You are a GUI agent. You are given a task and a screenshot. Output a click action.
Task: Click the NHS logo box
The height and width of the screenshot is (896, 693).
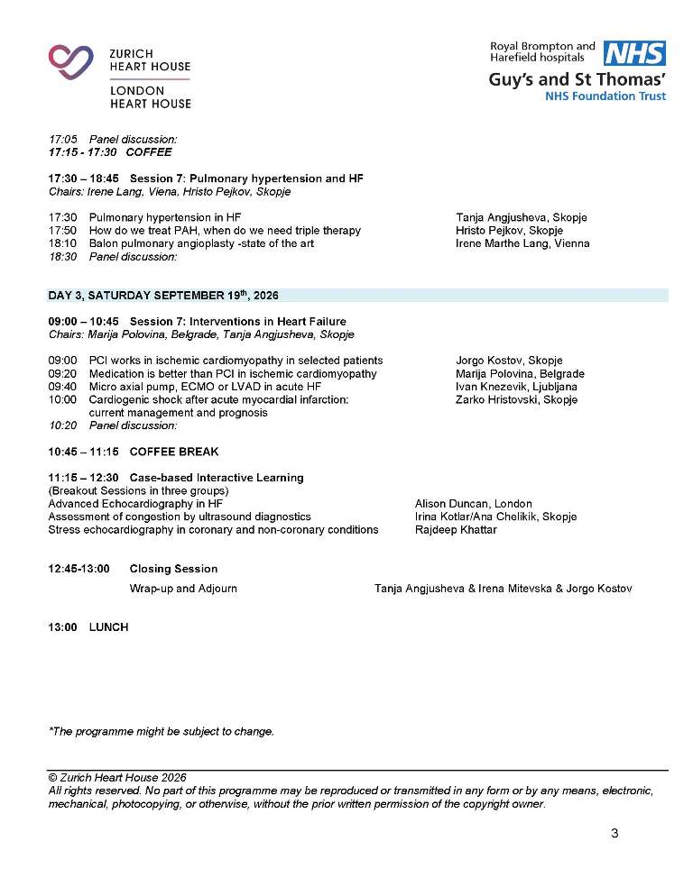(634, 53)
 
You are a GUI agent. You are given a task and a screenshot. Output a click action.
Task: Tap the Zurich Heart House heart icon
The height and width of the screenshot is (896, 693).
(71, 61)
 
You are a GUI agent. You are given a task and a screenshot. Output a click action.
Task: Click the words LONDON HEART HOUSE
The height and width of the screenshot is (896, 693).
(150, 97)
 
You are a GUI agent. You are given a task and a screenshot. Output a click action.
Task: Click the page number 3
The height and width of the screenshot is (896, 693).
(614, 833)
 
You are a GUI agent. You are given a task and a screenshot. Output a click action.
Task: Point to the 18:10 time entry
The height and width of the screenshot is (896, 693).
(62, 243)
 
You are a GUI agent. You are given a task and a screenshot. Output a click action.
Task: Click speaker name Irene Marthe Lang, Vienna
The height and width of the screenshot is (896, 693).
(522, 243)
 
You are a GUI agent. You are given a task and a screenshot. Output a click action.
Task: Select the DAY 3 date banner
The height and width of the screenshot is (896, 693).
(163, 295)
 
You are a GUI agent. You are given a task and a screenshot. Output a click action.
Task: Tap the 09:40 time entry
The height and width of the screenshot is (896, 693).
(62, 387)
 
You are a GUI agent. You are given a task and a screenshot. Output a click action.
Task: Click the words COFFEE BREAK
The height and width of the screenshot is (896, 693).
(174, 452)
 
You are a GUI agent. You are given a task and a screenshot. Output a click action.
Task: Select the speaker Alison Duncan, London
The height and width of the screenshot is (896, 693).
(473, 504)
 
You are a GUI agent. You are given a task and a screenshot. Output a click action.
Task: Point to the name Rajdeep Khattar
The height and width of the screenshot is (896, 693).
(456, 529)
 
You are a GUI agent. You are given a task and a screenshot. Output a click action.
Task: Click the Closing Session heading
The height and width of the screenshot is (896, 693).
(173, 569)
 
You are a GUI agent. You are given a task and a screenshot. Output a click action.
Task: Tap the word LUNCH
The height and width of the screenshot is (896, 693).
(108, 626)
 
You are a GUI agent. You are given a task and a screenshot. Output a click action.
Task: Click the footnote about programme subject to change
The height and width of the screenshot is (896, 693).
(161, 731)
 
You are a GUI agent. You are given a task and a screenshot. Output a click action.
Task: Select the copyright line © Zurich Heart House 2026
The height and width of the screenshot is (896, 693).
(117, 778)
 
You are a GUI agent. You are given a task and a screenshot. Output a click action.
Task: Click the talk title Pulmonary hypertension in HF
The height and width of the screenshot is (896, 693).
(165, 217)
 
